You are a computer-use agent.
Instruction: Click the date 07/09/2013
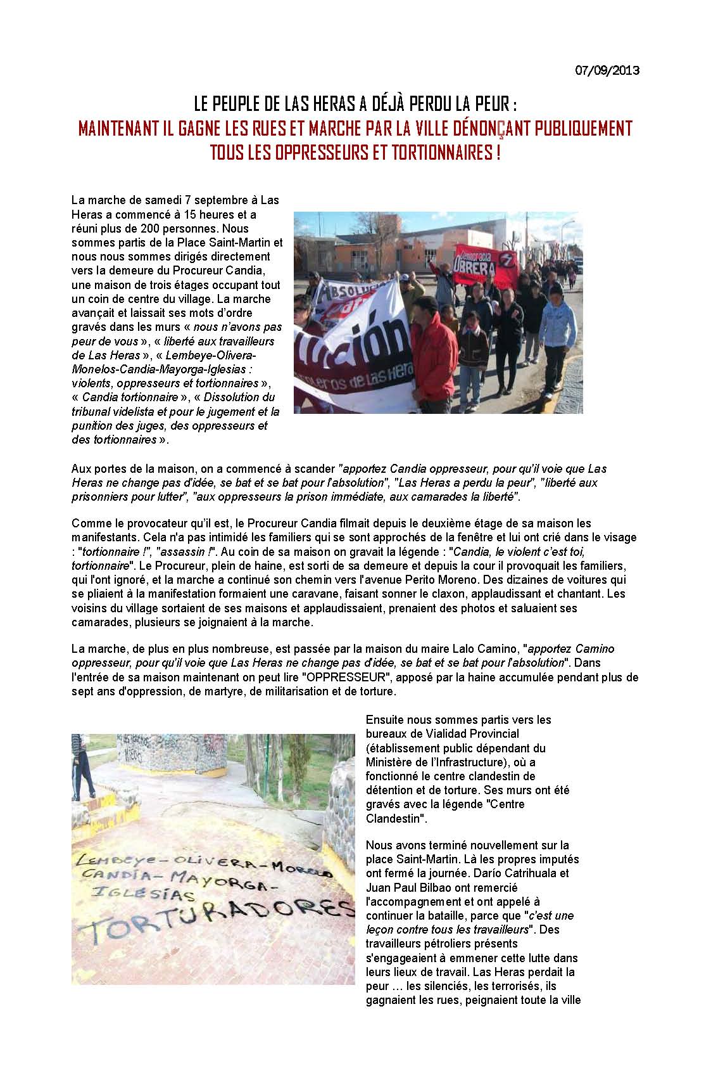coord(607,70)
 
